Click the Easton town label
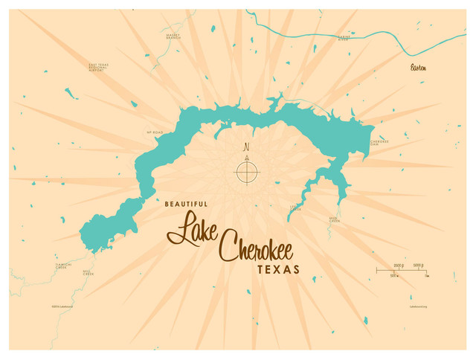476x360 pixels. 419,68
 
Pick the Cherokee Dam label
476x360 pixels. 379,143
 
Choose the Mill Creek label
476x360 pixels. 89,273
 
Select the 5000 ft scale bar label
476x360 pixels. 419,265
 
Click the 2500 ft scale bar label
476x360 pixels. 399,265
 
